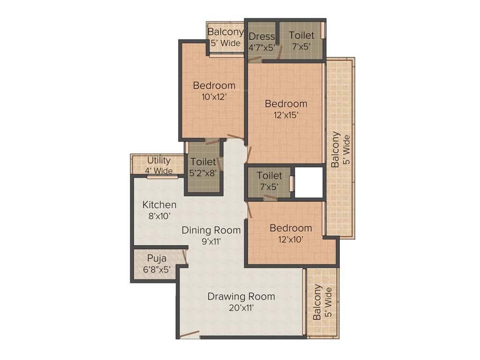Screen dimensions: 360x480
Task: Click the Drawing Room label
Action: pos(241,296)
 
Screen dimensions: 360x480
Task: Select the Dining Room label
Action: pos(211,230)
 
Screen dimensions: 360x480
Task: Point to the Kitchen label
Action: pos(159,205)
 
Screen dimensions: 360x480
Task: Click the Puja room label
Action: pos(156,258)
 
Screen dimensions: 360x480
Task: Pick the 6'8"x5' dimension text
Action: pos(156,270)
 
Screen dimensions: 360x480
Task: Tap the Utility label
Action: pos(158,160)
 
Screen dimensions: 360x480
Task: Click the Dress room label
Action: pos(261,37)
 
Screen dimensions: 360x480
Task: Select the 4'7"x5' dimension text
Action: pos(261,47)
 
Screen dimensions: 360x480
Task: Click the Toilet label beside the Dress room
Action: pos(301,35)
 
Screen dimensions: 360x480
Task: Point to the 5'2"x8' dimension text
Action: pos(203,172)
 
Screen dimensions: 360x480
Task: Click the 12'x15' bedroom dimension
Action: pos(285,115)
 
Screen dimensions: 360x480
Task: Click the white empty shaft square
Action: pos(309,182)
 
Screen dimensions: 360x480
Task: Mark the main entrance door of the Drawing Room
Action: pos(190,335)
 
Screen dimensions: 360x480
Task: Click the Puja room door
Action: pos(186,256)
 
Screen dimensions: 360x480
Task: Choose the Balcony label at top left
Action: pos(225,32)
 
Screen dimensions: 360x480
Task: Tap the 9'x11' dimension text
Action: pos(211,241)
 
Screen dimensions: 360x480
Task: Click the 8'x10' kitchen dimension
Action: pos(159,216)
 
